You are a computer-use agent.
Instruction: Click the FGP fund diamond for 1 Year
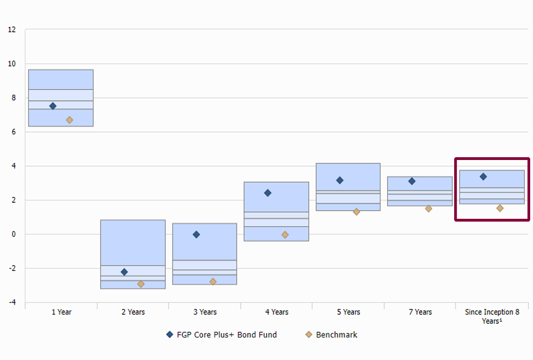pyautogui.click(x=53, y=106)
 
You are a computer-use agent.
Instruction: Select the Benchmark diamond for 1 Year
pyautogui.click(x=70, y=120)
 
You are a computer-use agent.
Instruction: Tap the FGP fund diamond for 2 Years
pyautogui.click(x=124, y=272)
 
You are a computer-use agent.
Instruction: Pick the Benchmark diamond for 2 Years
pyautogui.click(x=141, y=284)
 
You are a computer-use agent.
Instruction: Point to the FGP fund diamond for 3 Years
pyautogui.click(x=196, y=235)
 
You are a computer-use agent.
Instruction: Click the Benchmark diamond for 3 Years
pyautogui.click(x=213, y=282)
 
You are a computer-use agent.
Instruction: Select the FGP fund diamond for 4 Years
pyautogui.click(x=268, y=193)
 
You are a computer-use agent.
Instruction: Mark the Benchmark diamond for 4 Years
pyautogui.click(x=285, y=235)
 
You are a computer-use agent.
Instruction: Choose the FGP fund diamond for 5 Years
pyautogui.click(x=340, y=180)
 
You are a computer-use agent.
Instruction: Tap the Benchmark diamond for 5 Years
pyautogui.click(x=357, y=212)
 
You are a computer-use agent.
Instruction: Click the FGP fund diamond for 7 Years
pyautogui.click(x=412, y=181)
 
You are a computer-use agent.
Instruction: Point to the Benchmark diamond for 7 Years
pyautogui.click(x=429, y=209)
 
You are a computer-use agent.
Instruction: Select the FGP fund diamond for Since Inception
pyautogui.click(x=483, y=177)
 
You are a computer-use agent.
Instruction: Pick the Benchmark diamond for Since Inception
pyautogui.click(x=500, y=208)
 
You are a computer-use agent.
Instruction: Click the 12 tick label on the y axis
pyautogui.click(x=12, y=30)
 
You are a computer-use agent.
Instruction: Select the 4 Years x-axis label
pyautogui.click(x=277, y=312)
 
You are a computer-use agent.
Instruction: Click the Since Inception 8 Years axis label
pyautogui.click(x=492, y=316)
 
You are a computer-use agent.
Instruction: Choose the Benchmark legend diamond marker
pyautogui.click(x=309, y=334)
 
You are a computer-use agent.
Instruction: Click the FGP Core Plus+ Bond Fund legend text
pyautogui.click(x=226, y=335)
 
